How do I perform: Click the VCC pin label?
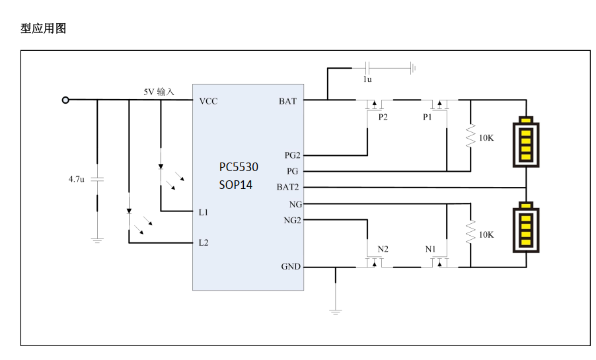(x=208, y=101)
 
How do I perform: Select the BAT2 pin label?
(x=287, y=187)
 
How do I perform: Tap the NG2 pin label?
(x=292, y=220)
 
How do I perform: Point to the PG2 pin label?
(x=292, y=155)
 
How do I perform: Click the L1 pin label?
(x=204, y=212)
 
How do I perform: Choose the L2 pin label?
(x=204, y=242)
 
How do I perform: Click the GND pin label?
(x=291, y=266)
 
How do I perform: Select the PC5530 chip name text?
(x=239, y=167)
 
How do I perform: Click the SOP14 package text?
(x=236, y=185)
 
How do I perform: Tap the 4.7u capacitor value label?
(x=77, y=178)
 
